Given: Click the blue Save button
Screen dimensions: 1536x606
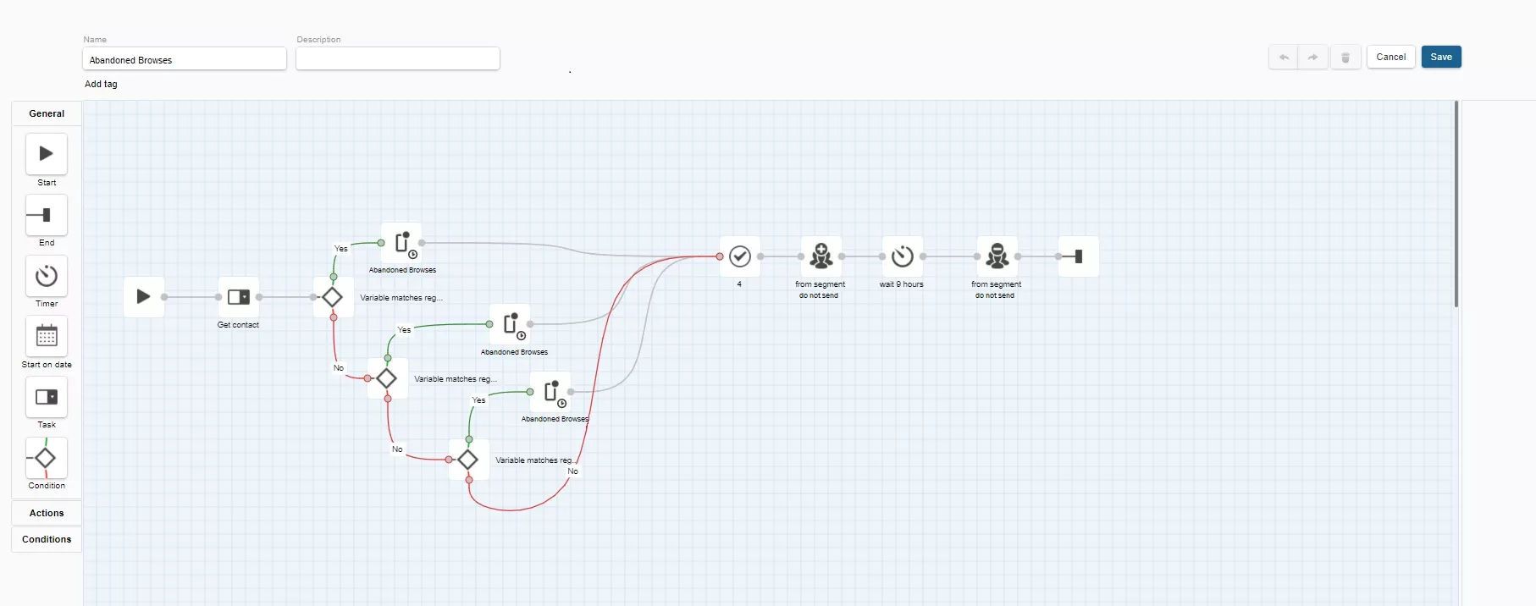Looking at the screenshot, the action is coord(1441,57).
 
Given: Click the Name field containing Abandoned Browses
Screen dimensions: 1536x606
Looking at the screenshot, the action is coord(185,59).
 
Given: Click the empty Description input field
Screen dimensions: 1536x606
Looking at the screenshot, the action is coord(398,59).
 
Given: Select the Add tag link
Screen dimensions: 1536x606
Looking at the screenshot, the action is coord(101,84).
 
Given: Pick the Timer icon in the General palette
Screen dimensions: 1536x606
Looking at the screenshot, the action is coord(47,276).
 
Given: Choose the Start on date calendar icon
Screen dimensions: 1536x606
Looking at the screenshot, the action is coord(47,336).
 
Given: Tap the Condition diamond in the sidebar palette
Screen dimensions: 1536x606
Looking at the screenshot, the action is coord(47,458).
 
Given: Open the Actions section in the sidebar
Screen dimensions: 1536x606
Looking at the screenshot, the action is coord(47,513).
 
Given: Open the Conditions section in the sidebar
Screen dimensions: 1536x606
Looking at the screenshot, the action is coord(47,539).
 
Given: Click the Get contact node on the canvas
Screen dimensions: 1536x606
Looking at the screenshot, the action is coord(239,297).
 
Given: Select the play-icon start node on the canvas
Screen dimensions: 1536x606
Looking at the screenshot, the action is coord(144,297).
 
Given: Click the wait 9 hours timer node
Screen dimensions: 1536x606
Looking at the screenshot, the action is coord(903,256).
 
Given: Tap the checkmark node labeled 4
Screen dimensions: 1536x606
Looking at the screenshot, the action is coord(740,256).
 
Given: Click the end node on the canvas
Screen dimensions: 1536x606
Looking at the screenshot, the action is coord(1079,256).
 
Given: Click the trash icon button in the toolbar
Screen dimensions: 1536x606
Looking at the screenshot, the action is coord(1345,57).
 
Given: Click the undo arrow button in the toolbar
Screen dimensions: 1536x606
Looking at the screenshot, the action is coord(1284,57).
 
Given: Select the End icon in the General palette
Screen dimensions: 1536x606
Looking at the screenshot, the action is coord(47,215).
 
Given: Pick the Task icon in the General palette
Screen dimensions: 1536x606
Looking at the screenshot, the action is coord(47,397).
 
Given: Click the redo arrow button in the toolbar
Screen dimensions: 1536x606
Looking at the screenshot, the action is coord(1312,57).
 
